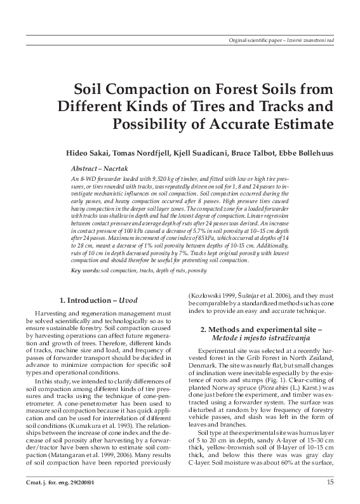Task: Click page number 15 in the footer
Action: pos(331,484)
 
